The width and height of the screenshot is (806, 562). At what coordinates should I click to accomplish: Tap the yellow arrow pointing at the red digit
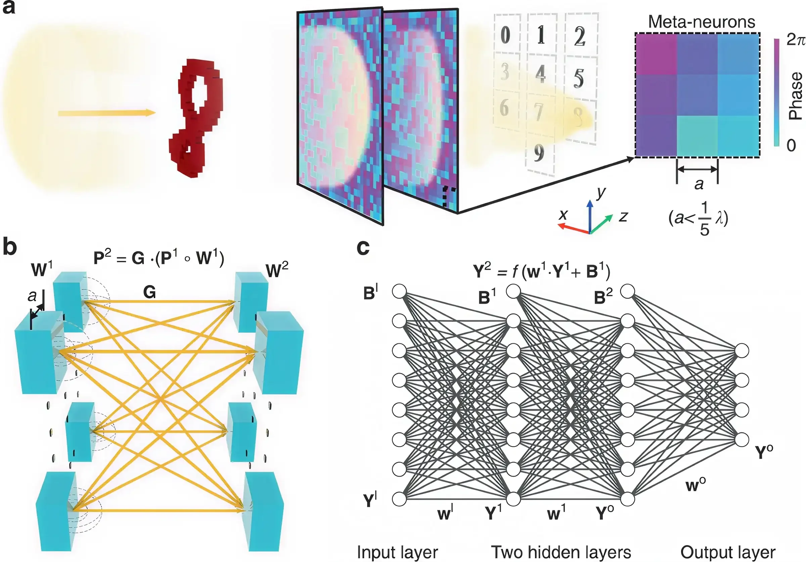[x=107, y=113]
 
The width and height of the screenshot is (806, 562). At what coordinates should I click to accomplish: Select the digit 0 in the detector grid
[x=505, y=35]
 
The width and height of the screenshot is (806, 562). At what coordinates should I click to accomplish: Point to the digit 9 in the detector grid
[x=539, y=153]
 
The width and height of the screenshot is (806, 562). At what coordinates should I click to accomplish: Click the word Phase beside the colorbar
[x=795, y=95]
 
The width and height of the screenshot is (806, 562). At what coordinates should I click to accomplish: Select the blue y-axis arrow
[x=590, y=216]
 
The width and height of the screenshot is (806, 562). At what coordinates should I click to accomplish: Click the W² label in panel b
[x=277, y=270]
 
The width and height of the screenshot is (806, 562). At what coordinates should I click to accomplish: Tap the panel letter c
[x=363, y=247]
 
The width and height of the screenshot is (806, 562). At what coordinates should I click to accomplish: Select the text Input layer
[x=397, y=552]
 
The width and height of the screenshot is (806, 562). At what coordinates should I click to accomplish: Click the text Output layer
[x=728, y=552]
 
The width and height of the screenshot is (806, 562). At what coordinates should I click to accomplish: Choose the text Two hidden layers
[x=561, y=552]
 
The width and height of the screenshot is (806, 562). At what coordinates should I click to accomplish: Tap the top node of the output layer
[x=742, y=351]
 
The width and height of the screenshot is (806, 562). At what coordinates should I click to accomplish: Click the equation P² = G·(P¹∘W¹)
[x=159, y=258]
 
